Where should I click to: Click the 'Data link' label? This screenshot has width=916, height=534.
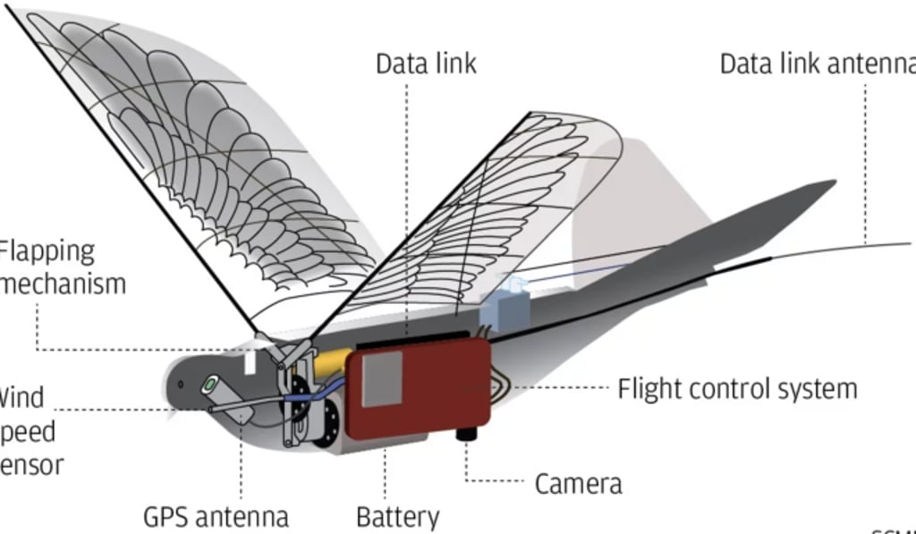click(x=425, y=64)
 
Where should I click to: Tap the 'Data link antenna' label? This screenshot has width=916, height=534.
click(x=817, y=64)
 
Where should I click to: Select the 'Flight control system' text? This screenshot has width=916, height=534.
click(x=737, y=389)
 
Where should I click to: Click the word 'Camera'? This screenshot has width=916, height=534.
click(x=578, y=484)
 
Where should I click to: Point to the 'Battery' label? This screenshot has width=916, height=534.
click(x=397, y=516)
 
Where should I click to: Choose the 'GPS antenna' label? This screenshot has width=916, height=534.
click(x=216, y=516)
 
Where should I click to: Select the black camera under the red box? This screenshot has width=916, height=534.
click(x=465, y=434)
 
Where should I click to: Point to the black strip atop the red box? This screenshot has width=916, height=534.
click(x=411, y=342)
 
